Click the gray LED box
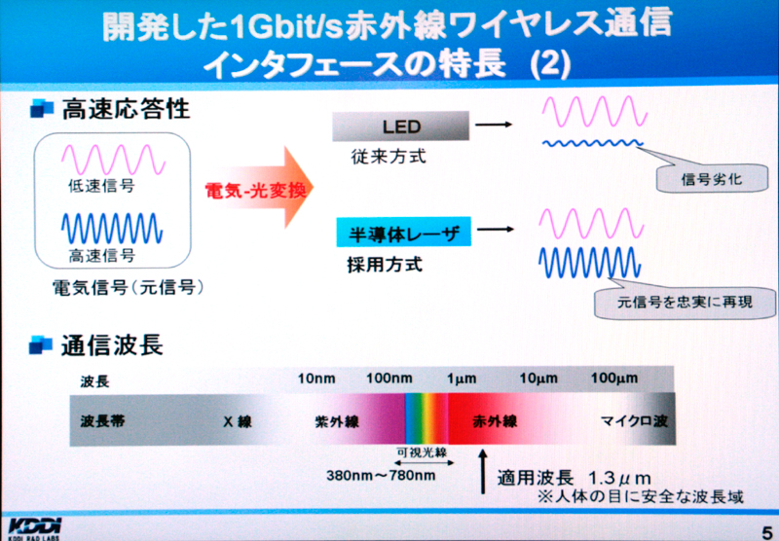click(400, 126)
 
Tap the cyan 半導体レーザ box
click(403, 233)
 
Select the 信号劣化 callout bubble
click(712, 178)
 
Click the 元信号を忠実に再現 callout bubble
click(685, 302)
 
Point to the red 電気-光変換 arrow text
click(255, 189)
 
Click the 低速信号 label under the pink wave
click(101, 186)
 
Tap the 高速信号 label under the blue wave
click(102, 255)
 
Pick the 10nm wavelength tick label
click(316, 379)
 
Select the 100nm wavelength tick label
click(389, 379)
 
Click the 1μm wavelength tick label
click(462, 379)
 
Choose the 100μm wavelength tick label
click(614, 379)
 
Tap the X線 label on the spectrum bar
click(238, 421)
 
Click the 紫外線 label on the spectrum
click(337, 422)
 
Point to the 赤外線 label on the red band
click(495, 421)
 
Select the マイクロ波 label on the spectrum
click(635, 421)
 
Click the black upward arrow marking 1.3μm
click(483, 472)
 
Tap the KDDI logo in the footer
click(35, 528)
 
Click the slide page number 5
click(767, 530)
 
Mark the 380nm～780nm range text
click(381, 476)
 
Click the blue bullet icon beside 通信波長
click(41, 344)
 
